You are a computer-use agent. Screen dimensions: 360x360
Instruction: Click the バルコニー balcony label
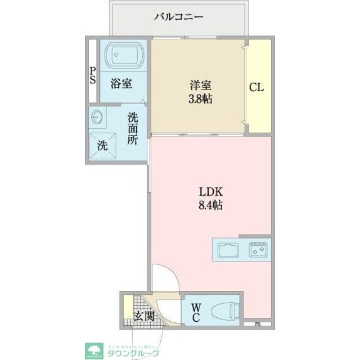[179, 16]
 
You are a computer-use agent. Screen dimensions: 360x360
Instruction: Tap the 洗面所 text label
[132, 128]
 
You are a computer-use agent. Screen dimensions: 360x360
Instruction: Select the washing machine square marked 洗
[102, 145]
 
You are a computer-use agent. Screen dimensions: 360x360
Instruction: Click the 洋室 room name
[200, 86]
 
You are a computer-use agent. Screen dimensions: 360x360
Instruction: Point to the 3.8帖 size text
[200, 100]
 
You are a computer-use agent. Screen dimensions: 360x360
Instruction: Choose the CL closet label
[257, 88]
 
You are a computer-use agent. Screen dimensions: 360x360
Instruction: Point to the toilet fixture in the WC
[227, 310]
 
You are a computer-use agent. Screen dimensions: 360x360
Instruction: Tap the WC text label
[196, 312]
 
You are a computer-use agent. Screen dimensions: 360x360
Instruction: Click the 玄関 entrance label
[144, 317]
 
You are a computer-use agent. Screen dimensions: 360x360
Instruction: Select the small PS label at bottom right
[258, 323]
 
